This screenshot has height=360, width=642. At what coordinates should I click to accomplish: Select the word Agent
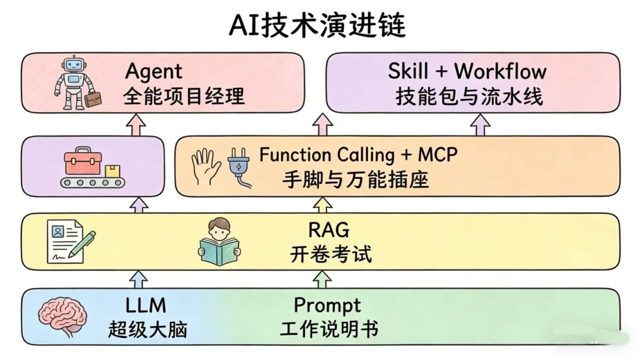[x=153, y=72]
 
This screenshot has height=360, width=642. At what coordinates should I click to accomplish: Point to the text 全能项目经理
[x=184, y=96]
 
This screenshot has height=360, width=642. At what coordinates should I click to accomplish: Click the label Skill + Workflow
[x=467, y=71]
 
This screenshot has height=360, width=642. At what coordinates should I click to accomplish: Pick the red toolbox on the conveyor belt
[x=83, y=160]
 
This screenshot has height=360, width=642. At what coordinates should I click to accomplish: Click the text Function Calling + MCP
[x=358, y=155]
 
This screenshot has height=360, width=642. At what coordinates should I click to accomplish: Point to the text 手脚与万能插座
[x=355, y=180]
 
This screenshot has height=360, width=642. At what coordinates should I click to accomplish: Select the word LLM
[x=146, y=305]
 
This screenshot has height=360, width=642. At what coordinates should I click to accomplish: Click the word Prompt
[x=328, y=305]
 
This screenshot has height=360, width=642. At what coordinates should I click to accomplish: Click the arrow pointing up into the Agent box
[x=138, y=124]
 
